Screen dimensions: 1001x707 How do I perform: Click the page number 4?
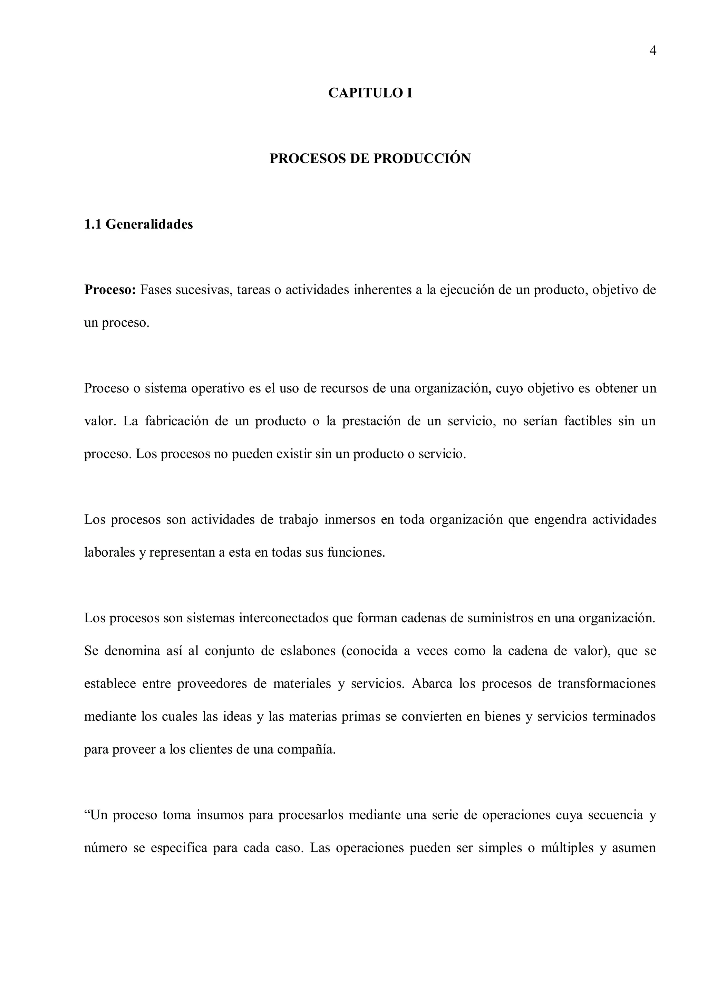pyautogui.click(x=652, y=51)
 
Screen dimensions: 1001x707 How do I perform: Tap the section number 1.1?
pyautogui.click(x=93, y=225)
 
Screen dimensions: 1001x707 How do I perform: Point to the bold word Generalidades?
pyautogui.click(x=149, y=225)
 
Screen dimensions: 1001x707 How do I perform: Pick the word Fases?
pyautogui.click(x=155, y=290)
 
